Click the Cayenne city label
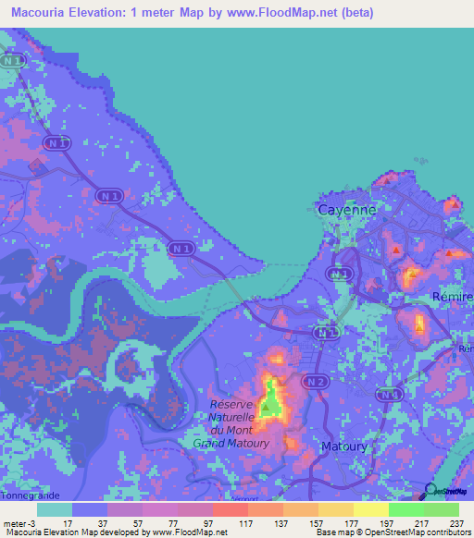pyautogui.click(x=347, y=210)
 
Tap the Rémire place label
pyautogui.click(x=453, y=296)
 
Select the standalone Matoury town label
pyautogui.click(x=343, y=446)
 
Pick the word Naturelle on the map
pyautogui.click(x=239, y=418)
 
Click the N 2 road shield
pyautogui.click(x=317, y=381)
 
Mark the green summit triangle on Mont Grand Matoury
pyautogui.click(x=269, y=405)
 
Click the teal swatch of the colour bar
pyautogui.click(x=55, y=509)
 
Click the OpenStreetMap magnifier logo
pyautogui.click(x=428, y=490)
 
